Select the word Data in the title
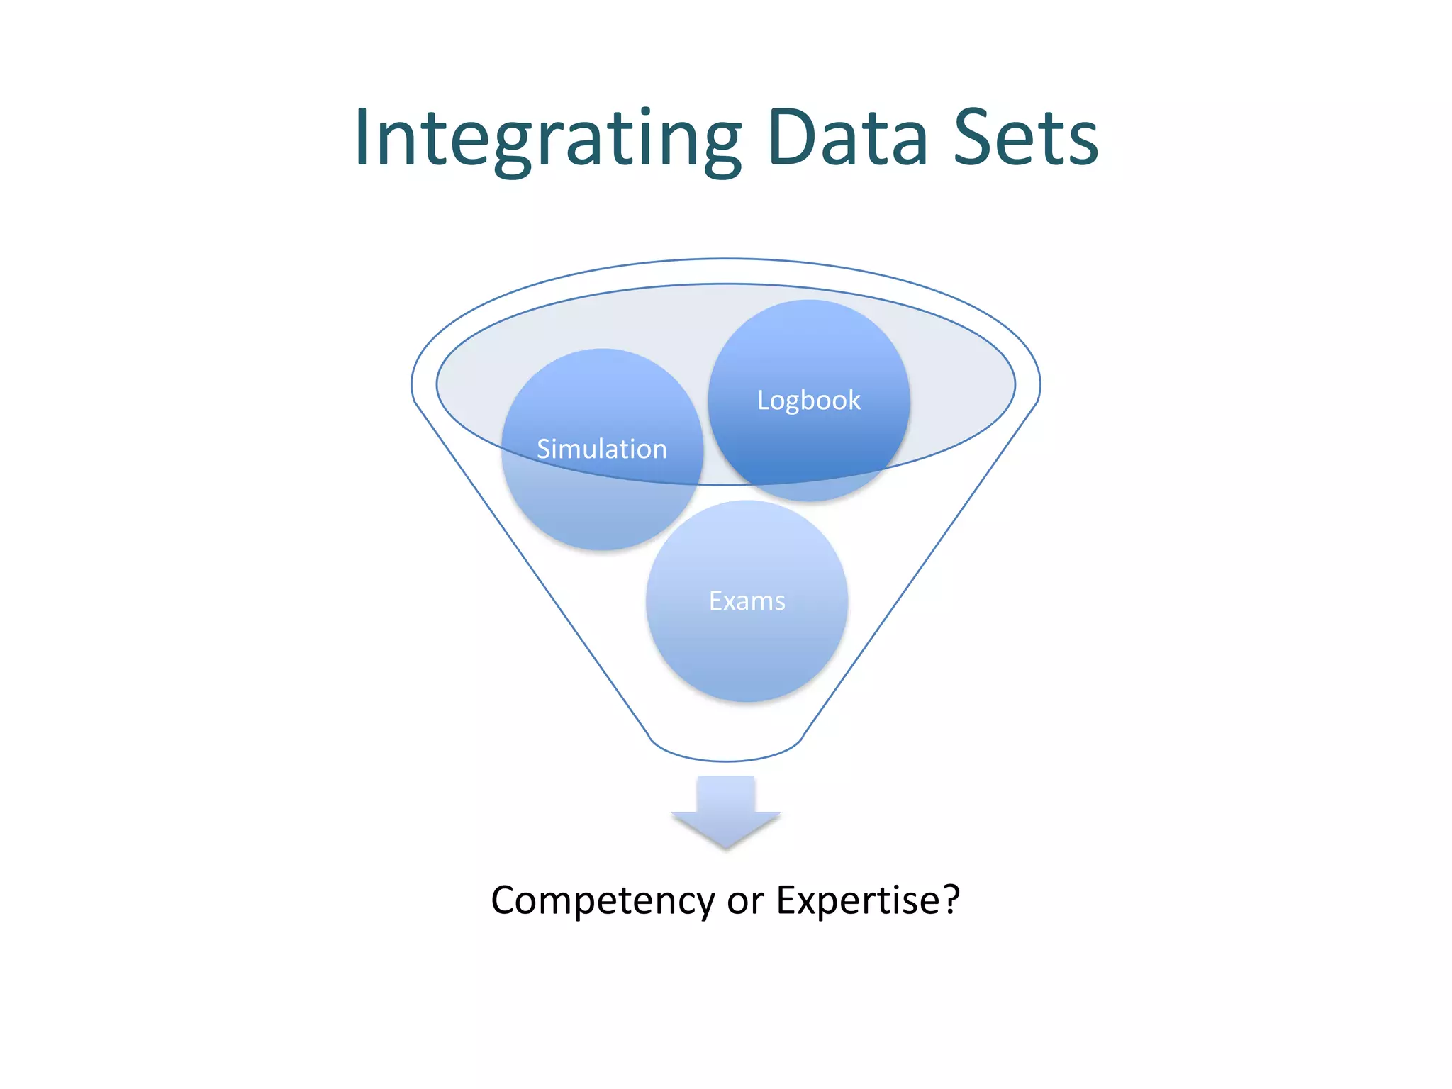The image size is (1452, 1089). (847, 138)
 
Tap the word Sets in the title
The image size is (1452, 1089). (1026, 138)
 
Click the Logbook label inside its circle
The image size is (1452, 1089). (808, 401)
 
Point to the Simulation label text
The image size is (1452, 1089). (601, 449)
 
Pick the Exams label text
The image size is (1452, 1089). (747, 601)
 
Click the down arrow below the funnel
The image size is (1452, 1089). (726, 812)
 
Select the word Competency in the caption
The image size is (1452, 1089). (603, 901)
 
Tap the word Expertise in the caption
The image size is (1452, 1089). (858, 900)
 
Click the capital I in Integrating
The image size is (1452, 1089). (362, 138)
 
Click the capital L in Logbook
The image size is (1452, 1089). (763, 401)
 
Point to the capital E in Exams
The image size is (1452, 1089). (715, 601)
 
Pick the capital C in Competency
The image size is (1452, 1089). (505, 900)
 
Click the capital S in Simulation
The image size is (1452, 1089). (544, 449)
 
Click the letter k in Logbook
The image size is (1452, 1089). (854, 400)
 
